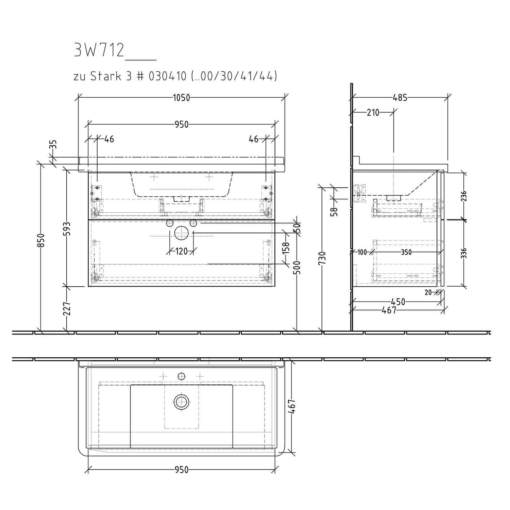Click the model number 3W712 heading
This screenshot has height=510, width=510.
click(x=99, y=50)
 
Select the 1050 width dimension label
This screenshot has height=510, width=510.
click(x=182, y=98)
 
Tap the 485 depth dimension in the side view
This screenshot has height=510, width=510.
click(x=400, y=98)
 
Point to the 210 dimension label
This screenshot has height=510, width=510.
click(x=373, y=113)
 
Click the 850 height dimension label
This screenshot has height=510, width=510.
click(x=41, y=240)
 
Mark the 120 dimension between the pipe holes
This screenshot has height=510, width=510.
click(x=182, y=252)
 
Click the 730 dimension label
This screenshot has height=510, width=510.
click(x=323, y=258)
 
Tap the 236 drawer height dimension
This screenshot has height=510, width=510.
click(x=464, y=196)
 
